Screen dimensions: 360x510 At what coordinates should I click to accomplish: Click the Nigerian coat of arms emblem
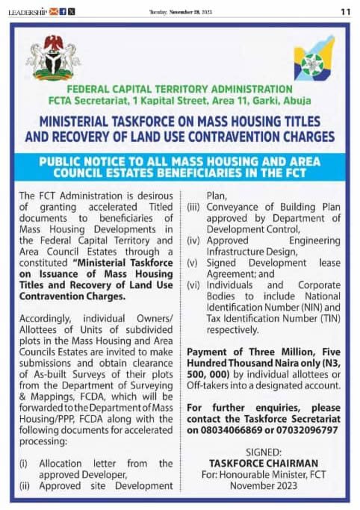[53, 57]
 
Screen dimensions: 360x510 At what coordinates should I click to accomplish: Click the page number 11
[346, 11]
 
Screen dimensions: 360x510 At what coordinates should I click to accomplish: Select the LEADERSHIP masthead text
[27, 11]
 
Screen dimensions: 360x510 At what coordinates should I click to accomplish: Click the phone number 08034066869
[226, 431]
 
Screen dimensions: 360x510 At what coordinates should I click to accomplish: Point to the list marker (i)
[24, 464]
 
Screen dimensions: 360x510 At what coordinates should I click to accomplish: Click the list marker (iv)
[192, 243]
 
